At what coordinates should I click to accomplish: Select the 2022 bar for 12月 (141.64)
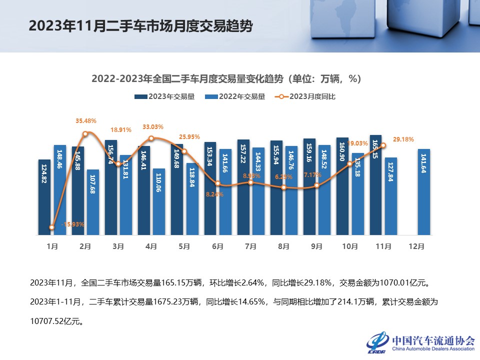pos(423,192)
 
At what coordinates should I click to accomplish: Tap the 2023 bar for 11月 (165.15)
pos(375,184)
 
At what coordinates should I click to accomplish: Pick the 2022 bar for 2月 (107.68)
pos(92,202)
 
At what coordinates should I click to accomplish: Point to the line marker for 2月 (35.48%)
pos(85,133)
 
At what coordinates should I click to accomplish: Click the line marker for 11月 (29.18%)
pos(383,145)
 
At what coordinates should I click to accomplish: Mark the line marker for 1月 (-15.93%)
pos(52,227)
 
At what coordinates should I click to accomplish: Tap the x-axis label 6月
pos(217,246)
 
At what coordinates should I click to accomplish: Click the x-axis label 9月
pos(317,246)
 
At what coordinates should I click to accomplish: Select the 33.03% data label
pos(153,127)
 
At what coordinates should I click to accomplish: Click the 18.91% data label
pos(120,130)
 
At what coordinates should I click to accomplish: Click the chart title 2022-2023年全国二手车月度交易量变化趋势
pos(226,79)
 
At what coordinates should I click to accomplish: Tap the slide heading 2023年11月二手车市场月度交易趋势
pos(140,25)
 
